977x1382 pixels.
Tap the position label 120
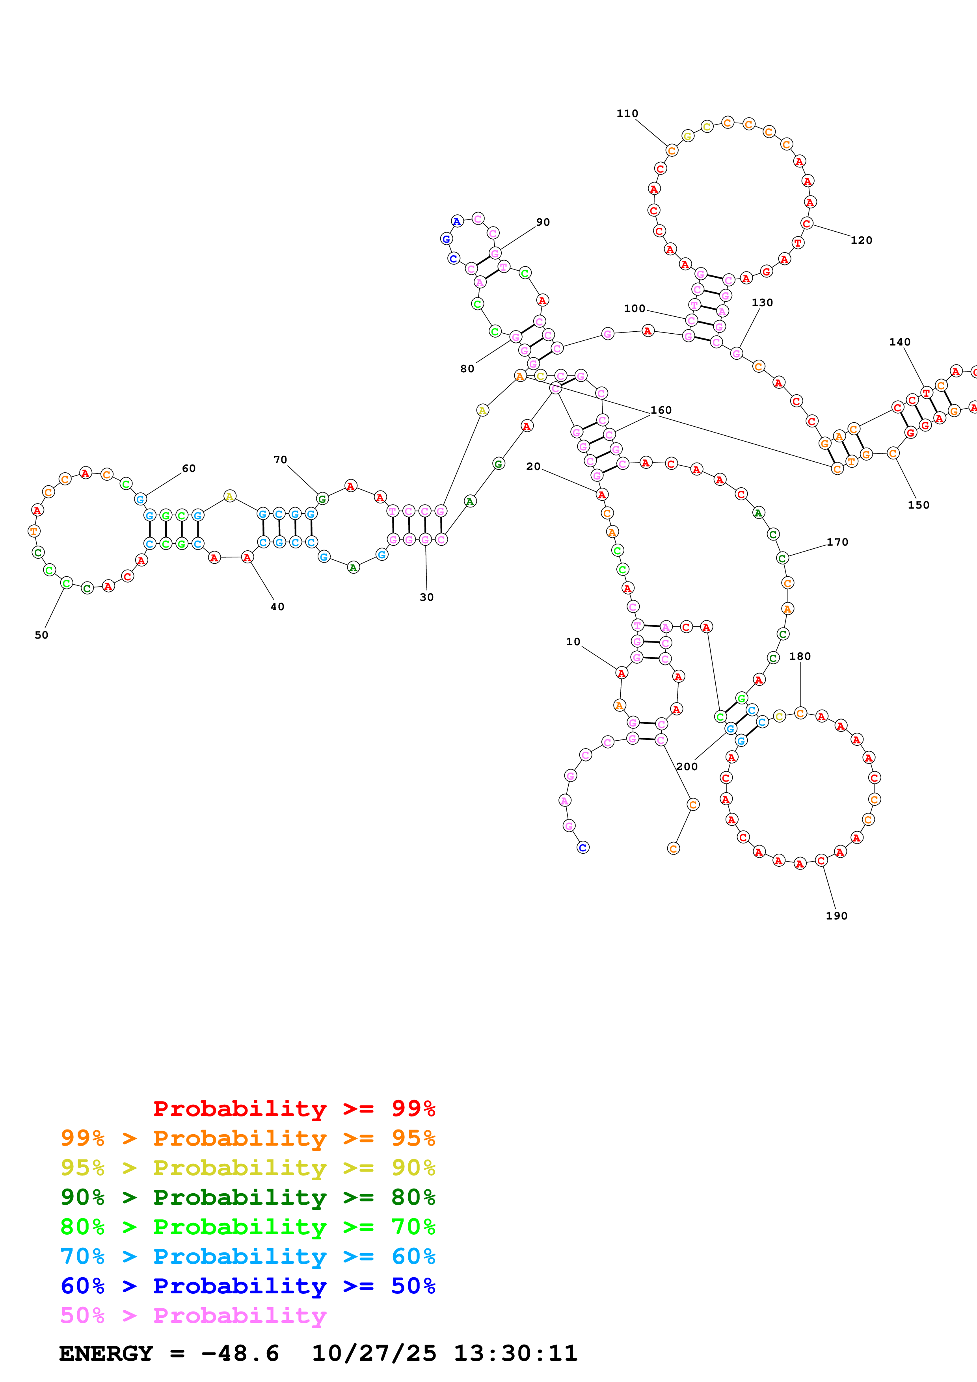point(861,240)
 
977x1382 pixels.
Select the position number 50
point(41,635)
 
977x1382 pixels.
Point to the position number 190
point(836,916)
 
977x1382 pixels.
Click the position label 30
point(426,597)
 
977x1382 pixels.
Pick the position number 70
point(280,460)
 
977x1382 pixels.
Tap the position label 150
point(918,505)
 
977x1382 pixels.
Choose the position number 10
point(573,642)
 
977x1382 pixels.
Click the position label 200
point(687,766)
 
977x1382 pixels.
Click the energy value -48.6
point(240,1353)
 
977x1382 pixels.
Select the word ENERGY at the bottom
point(106,1353)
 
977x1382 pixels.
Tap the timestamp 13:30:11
point(515,1353)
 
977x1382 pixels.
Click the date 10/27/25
point(374,1353)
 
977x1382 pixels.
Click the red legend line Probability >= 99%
point(294,1108)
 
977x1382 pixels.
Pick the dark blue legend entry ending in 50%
point(248,1286)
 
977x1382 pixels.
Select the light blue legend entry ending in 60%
point(248,1256)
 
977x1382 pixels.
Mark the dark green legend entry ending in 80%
point(248,1197)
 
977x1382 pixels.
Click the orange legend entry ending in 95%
point(248,1138)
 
